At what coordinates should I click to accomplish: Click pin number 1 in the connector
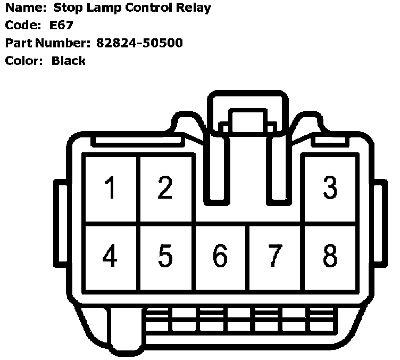click(x=111, y=189)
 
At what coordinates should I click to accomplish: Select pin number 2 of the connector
click(x=165, y=189)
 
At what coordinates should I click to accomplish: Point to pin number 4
click(x=111, y=257)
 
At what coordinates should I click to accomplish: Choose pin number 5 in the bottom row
click(x=165, y=257)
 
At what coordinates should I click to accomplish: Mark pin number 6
click(x=220, y=257)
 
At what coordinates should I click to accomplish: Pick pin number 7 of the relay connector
click(x=275, y=257)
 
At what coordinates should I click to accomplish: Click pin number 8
click(x=330, y=257)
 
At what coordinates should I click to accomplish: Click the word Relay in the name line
click(x=194, y=8)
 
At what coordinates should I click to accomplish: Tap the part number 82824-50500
click(x=139, y=43)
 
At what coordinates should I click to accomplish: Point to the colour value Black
click(x=68, y=60)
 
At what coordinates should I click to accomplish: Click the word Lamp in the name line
click(x=104, y=9)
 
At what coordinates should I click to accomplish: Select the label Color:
click(x=23, y=60)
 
